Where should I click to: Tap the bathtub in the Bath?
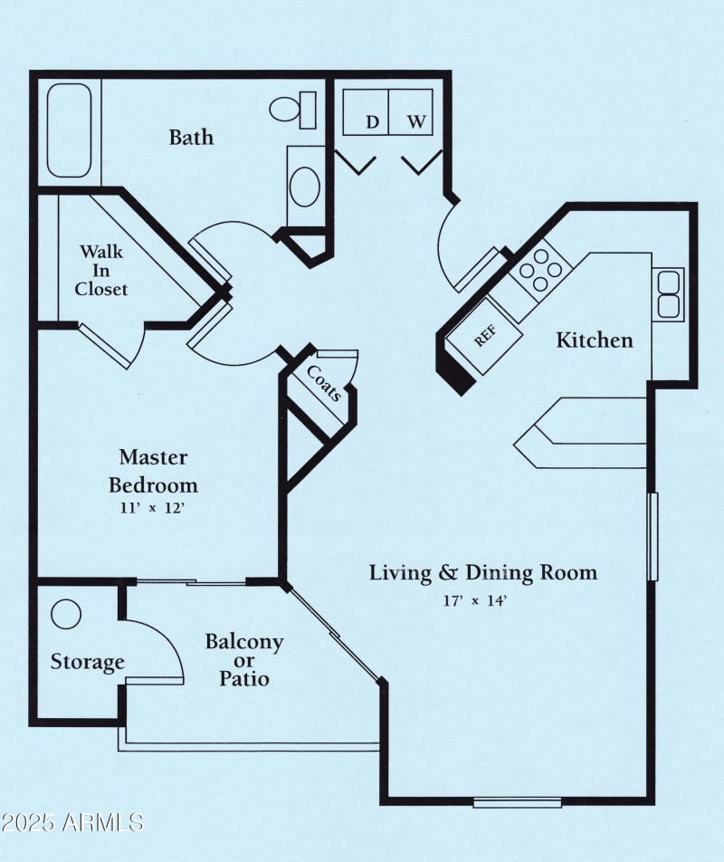click(70, 130)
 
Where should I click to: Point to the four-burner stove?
click(539, 269)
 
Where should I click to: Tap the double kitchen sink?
click(669, 293)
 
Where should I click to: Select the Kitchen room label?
click(594, 340)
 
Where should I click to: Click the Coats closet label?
click(324, 383)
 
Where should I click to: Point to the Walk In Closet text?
click(100, 270)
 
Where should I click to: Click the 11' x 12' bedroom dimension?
click(152, 508)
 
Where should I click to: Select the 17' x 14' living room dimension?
click(482, 599)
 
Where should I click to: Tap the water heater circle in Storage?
click(66, 615)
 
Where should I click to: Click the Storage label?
click(87, 662)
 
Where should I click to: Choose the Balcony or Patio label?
click(243, 659)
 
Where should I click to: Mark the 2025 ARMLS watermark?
click(72, 823)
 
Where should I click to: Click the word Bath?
click(191, 137)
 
